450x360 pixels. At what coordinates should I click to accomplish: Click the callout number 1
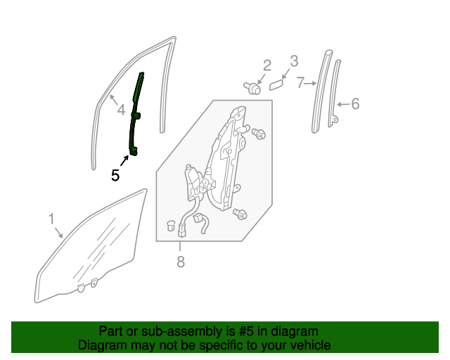tap(51, 219)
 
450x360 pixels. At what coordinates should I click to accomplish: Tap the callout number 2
tap(267, 65)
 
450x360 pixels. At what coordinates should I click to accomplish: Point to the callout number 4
tap(121, 110)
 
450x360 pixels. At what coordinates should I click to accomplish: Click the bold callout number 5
tap(115, 175)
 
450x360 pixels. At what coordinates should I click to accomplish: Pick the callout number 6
tap(355, 104)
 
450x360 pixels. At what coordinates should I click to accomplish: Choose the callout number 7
tap(300, 83)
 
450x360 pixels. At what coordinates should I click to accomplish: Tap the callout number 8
tap(180, 262)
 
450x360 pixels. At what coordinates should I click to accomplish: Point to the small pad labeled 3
tap(276, 84)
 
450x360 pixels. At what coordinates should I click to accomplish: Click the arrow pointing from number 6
tap(343, 105)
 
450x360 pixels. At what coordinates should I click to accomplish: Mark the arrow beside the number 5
tap(126, 161)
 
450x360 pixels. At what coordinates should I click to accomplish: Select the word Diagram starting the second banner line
tap(101, 345)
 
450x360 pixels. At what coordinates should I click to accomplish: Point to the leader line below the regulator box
tap(180, 245)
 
